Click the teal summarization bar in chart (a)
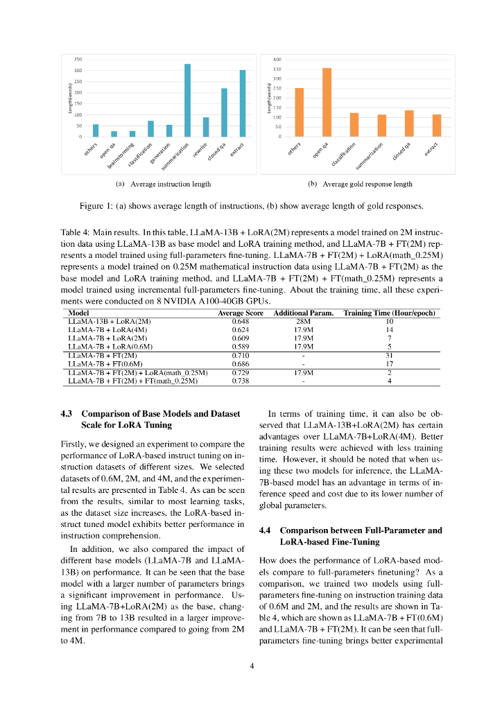click(187, 101)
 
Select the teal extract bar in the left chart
click(243, 103)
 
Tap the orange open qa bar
click(327, 102)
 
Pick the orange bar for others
click(300, 112)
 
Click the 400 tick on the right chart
click(277, 60)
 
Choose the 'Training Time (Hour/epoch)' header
click(390, 313)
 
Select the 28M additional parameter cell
click(304, 322)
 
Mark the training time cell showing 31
click(390, 355)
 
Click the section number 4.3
click(67, 414)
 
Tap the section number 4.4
click(265, 530)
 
